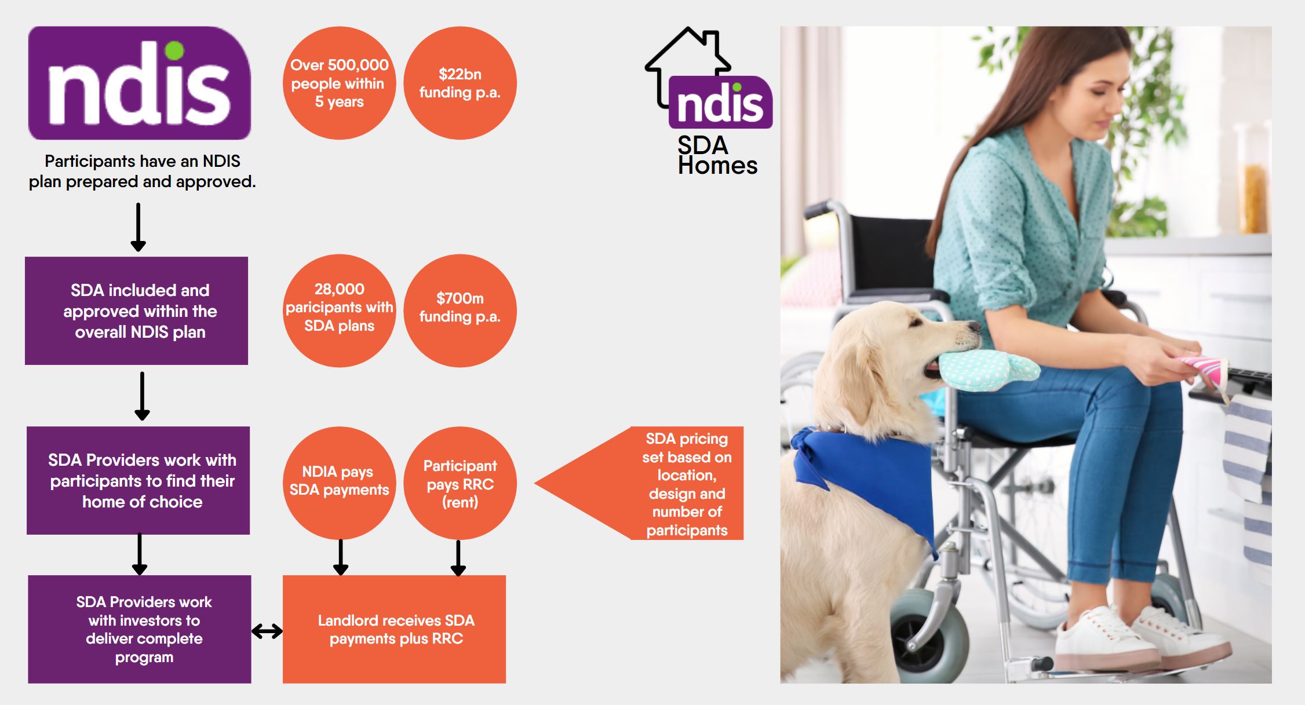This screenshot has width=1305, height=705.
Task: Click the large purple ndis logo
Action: [139, 83]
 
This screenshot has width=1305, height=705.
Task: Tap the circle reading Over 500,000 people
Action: [340, 83]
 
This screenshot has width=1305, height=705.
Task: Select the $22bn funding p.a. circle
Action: [460, 83]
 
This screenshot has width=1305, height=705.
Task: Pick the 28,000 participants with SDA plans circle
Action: [340, 311]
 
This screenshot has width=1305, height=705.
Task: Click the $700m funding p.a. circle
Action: [460, 311]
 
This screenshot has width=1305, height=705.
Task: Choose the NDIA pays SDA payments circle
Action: [340, 483]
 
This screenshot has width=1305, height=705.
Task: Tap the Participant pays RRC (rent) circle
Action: [460, 483]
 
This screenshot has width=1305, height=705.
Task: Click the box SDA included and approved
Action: [137, 311]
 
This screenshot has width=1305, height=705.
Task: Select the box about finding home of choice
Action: [138, 480]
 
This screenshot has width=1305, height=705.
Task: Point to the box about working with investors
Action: [140, 629]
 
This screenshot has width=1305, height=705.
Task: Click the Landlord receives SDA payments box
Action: [394, 629]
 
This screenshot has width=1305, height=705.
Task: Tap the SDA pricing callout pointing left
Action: [666, 483]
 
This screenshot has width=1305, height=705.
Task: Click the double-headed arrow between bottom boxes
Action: [267, 631]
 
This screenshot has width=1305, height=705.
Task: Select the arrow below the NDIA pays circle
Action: [341, 557]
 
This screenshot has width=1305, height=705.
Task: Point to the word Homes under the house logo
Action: [717, 166]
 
